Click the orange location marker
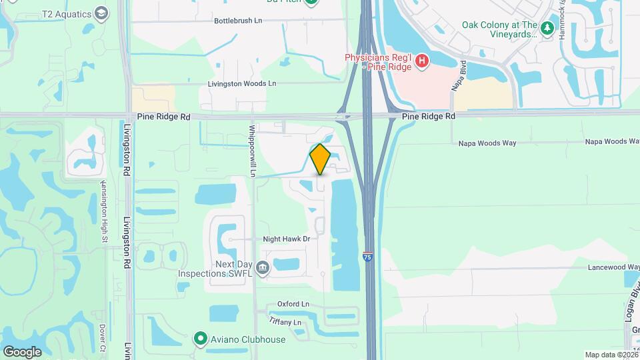tap(320, 159)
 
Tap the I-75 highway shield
tap(368, 255)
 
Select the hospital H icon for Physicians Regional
tap(421, 62)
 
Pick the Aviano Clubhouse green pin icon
tap(200, 339)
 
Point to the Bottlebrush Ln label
tap(238, 21)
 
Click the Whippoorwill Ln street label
tap(253, 151)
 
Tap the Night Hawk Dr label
tap(286, 238)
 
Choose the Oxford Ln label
tap(294, 304)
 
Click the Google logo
tap(22, 351)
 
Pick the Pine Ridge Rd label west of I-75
tap(163, 116)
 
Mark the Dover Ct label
tap(103, 338)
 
